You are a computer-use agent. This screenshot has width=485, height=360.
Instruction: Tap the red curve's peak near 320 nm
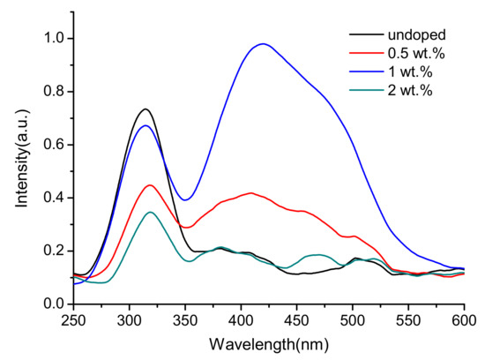[x=151, y=184]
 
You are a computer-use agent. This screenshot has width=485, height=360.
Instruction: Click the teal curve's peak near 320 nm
[x=151, y=212]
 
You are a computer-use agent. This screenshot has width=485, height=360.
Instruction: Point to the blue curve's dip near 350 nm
[x=185, y=199]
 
